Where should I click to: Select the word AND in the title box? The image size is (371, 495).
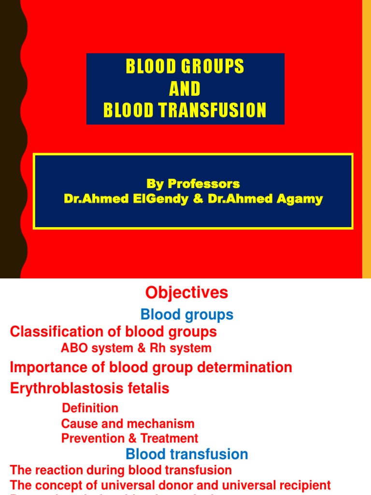tap(185, 89)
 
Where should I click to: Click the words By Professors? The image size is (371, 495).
tap(193, 184)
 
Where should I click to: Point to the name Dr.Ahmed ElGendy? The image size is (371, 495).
tap(127, 199)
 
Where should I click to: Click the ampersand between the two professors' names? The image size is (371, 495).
tap(198, 199)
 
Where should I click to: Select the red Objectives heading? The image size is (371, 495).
tap(186, 292)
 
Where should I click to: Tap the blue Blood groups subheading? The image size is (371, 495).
tap(186, 315)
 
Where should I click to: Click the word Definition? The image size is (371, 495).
tap(90, 408)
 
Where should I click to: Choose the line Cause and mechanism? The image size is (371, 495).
tap(128, 424)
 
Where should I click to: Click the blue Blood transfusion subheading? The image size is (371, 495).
tap(186, 454)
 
